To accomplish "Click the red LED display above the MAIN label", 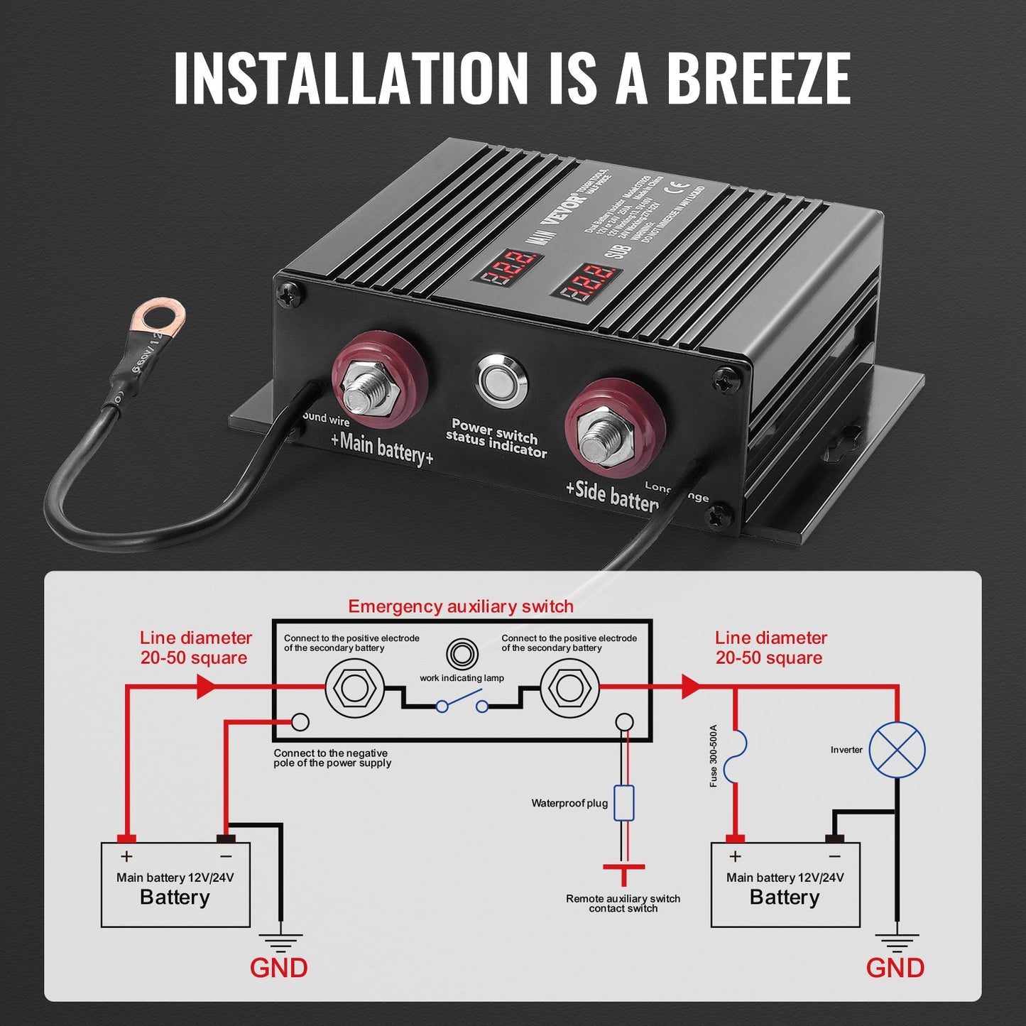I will [x=508, y=266].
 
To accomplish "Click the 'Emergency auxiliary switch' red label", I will [x=461, y=606].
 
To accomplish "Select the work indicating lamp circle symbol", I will [x=462, y=654].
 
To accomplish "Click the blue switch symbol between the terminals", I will [x=462, y=704].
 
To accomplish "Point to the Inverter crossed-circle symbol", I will [x=897, y=750].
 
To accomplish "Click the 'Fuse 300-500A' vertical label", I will [x=714, y=755].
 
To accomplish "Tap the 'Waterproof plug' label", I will [x=569, y=803].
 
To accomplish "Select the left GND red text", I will [x=278, y=968].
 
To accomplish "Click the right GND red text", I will [x=895, y=968].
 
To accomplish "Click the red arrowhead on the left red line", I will [x=206, y=686].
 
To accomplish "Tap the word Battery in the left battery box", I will [x=175, y=897].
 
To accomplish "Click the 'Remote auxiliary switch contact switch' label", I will [x=623, y=903].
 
